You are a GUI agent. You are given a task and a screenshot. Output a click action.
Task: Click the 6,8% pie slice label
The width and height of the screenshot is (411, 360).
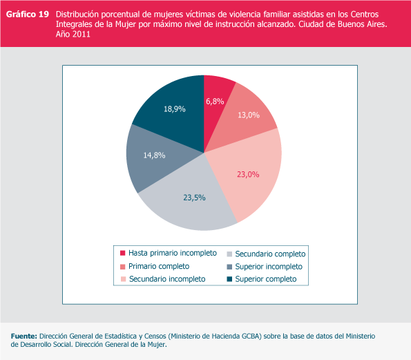tap(215, 101)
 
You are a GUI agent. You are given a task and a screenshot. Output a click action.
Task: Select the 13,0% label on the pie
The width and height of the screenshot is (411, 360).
tap(249, 115)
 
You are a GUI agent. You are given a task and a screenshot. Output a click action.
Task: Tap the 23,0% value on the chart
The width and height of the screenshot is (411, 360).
tap(248, 174)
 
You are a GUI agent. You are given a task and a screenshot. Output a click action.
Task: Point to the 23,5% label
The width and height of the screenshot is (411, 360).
tap(194, 198)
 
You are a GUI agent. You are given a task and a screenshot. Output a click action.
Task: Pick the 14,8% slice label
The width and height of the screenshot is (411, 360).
tap(154, 155)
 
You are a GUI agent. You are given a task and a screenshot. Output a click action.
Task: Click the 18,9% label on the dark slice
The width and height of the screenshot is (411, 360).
tap(175, 108)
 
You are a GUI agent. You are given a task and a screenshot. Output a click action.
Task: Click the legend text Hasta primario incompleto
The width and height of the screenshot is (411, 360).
tap(173, 253)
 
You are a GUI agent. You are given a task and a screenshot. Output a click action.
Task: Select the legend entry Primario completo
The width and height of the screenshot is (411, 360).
tap(159, 267)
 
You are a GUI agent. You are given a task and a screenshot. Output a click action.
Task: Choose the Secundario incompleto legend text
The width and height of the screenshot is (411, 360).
tap(167, 279)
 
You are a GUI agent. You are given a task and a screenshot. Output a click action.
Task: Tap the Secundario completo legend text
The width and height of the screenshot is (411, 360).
tap(270, 254)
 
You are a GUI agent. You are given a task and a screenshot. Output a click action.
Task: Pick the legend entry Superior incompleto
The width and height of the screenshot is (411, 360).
tap(269, 267)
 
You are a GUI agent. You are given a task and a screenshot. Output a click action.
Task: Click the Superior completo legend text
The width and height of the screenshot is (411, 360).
tap(266, 279)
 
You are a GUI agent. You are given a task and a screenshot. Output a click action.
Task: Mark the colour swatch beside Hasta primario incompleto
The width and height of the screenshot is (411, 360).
tap(123, 253)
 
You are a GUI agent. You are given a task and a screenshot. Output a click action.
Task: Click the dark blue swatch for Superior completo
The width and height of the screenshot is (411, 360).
tap(229, 279)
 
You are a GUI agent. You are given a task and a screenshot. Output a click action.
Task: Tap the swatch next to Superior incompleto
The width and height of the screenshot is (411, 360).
tap(229, 267)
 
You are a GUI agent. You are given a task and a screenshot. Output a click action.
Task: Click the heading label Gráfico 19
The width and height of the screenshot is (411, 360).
tap(28, 14)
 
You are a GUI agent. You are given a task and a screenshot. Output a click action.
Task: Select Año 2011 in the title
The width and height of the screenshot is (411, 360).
tap(73, 34)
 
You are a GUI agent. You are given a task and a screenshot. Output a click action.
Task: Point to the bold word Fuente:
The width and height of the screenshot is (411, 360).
tap(24, 336)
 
